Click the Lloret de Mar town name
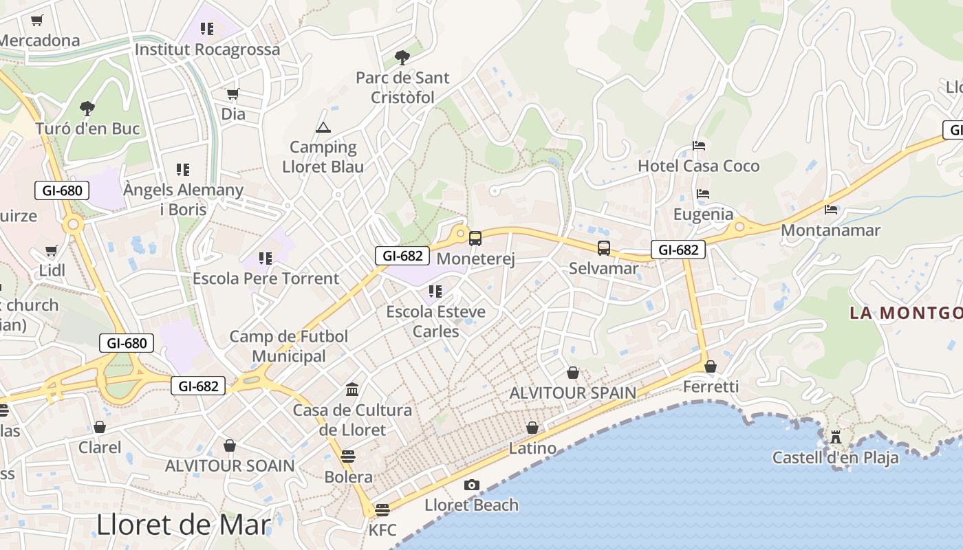point(184,525)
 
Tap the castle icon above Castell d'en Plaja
point(835,437)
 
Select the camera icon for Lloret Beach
point(471,485)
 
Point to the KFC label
point(382,530)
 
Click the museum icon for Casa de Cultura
point(352,390)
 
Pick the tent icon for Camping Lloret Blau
point(323,127)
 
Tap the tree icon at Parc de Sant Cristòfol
point(402,58)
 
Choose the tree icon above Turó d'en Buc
point(87,108)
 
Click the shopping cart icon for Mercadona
point(36,21)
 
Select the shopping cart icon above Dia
point(233,93)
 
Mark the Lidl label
point(52,270)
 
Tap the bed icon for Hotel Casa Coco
point(699,146)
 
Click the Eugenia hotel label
point(703,214)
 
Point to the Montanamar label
point(830,230)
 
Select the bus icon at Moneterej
point(475,239)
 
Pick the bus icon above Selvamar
point(603,248)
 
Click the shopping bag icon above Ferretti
point(711,366)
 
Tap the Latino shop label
point(532,448)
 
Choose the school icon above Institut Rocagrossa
point(207,29)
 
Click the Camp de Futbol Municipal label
point(289,346)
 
